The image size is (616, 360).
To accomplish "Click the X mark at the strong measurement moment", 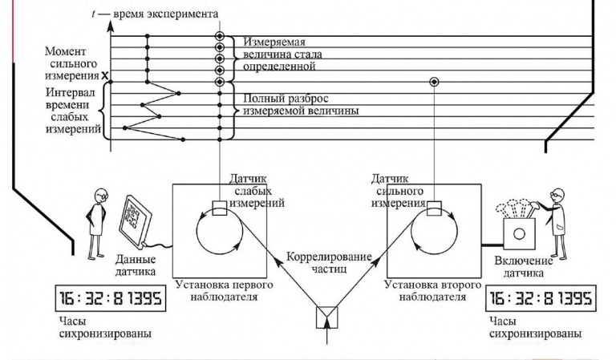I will click(x=104, y=76).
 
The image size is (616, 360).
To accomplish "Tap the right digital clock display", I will click(x=541, y=299).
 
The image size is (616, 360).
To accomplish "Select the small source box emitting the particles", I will click(x=327, y=318).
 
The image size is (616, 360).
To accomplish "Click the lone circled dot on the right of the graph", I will click(x=434, y=82).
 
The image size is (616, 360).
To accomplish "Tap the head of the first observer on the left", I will click(x=99, y=196).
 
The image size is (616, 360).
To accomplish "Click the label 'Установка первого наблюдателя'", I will click(x=221, y=291).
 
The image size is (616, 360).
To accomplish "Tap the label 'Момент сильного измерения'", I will click(x=73, y=63).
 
